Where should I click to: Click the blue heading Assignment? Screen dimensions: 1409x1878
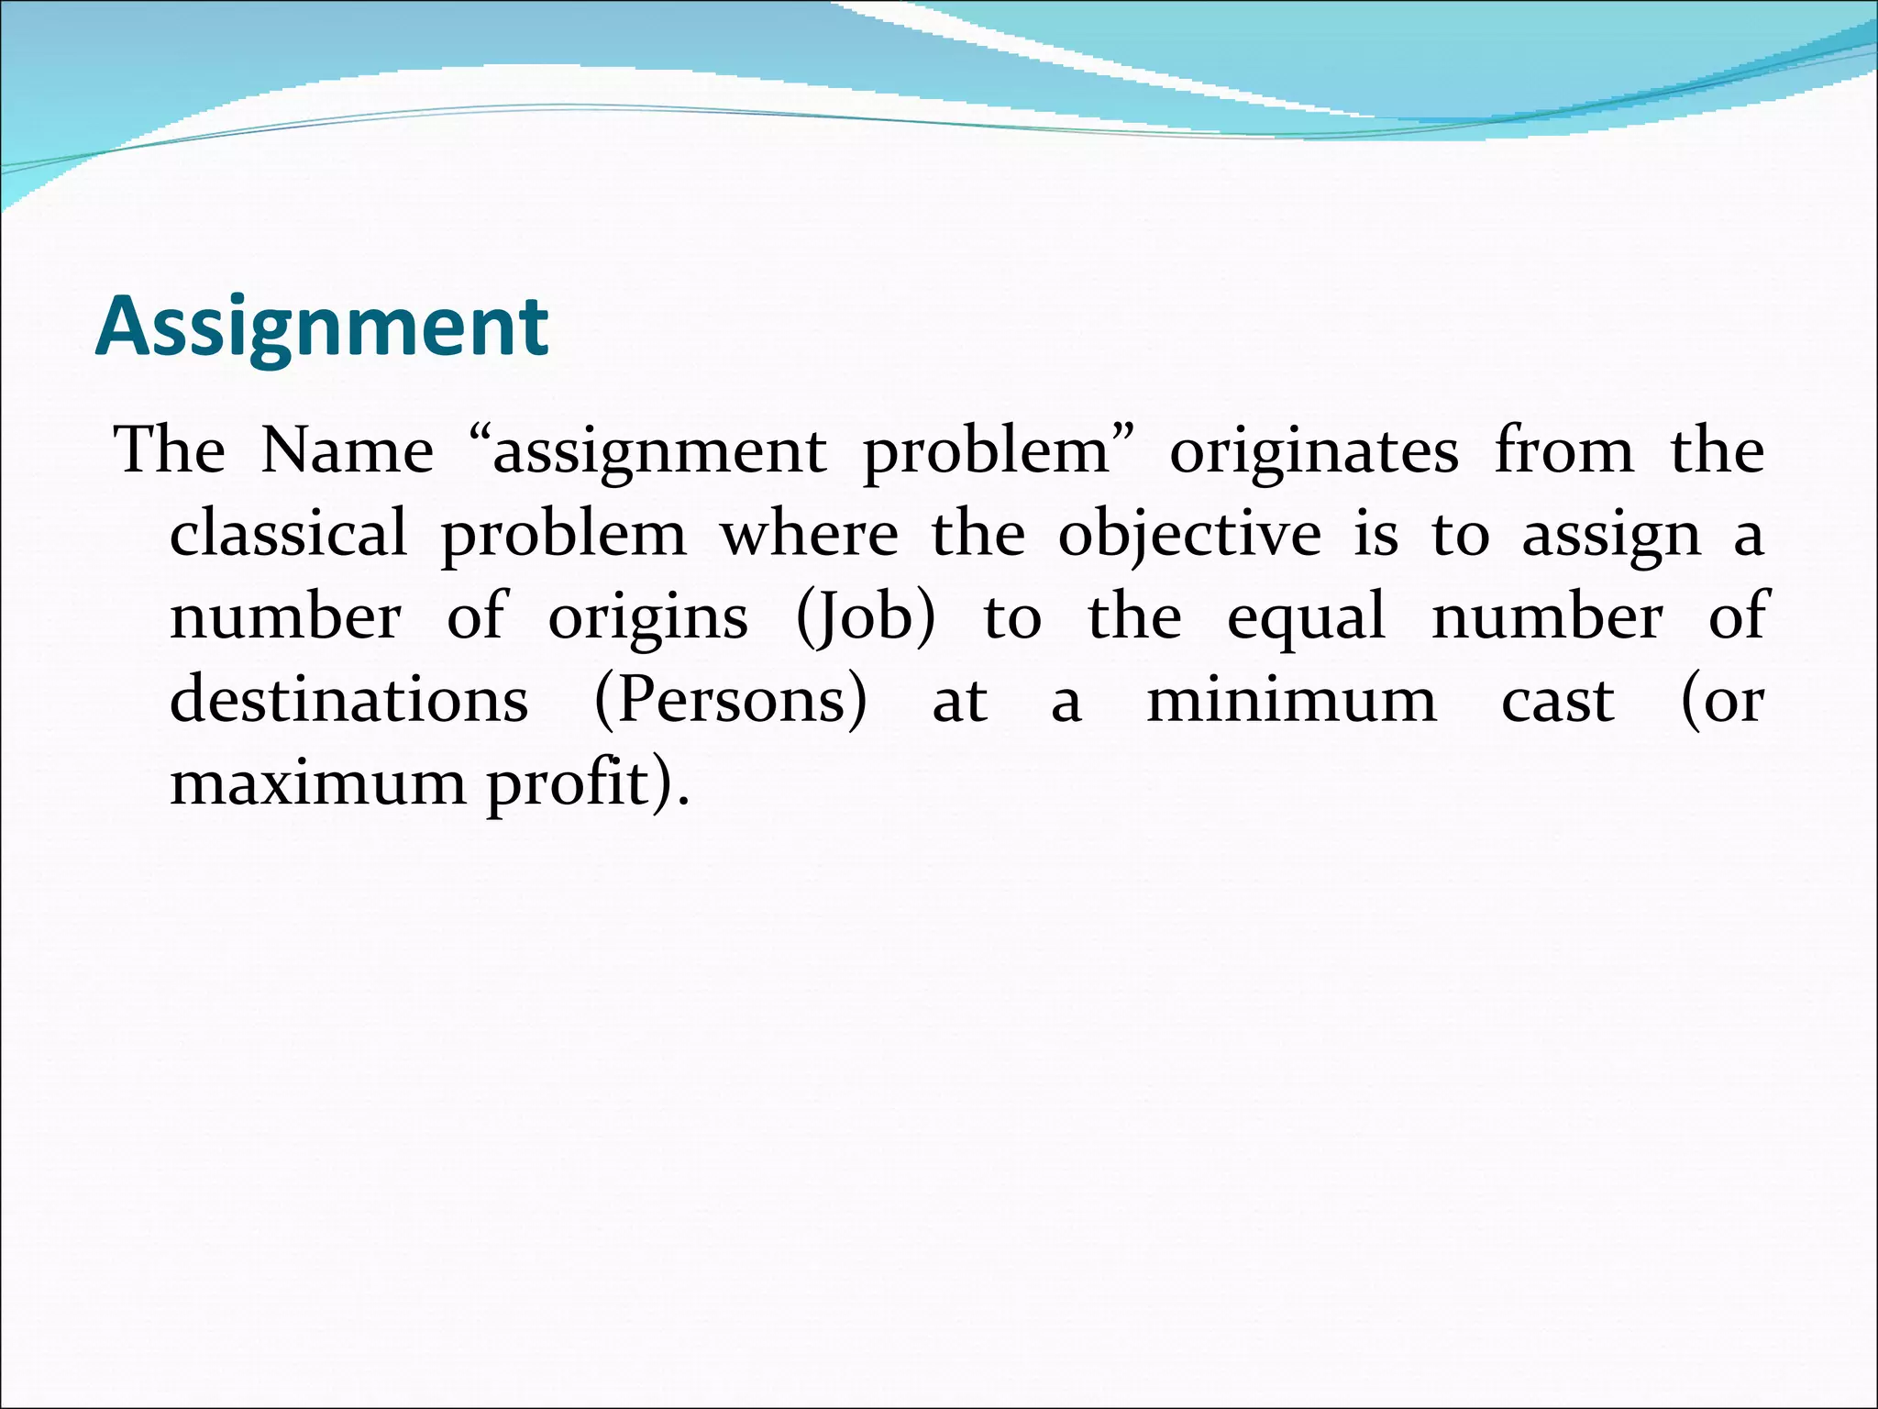click(321, 327)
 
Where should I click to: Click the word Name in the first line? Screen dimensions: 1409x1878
click(347, 451)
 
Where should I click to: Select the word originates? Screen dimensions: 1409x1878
click(1313, 451)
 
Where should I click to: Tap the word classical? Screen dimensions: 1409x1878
click(288, 534)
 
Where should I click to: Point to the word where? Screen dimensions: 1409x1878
click(808, 534)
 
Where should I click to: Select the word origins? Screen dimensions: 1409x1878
click(647, 617)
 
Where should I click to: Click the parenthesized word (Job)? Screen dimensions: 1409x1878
click(866, 617)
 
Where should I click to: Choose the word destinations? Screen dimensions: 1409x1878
click(349, 700)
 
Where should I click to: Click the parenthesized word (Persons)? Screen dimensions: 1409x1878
click(730, 701)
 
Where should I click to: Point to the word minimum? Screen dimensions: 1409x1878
click(1291, 700)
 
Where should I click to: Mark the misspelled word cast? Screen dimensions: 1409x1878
click(1557, 702)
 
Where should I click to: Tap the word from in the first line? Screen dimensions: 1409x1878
click(1563, 451)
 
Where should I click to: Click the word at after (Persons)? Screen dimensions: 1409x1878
click(959, 702)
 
